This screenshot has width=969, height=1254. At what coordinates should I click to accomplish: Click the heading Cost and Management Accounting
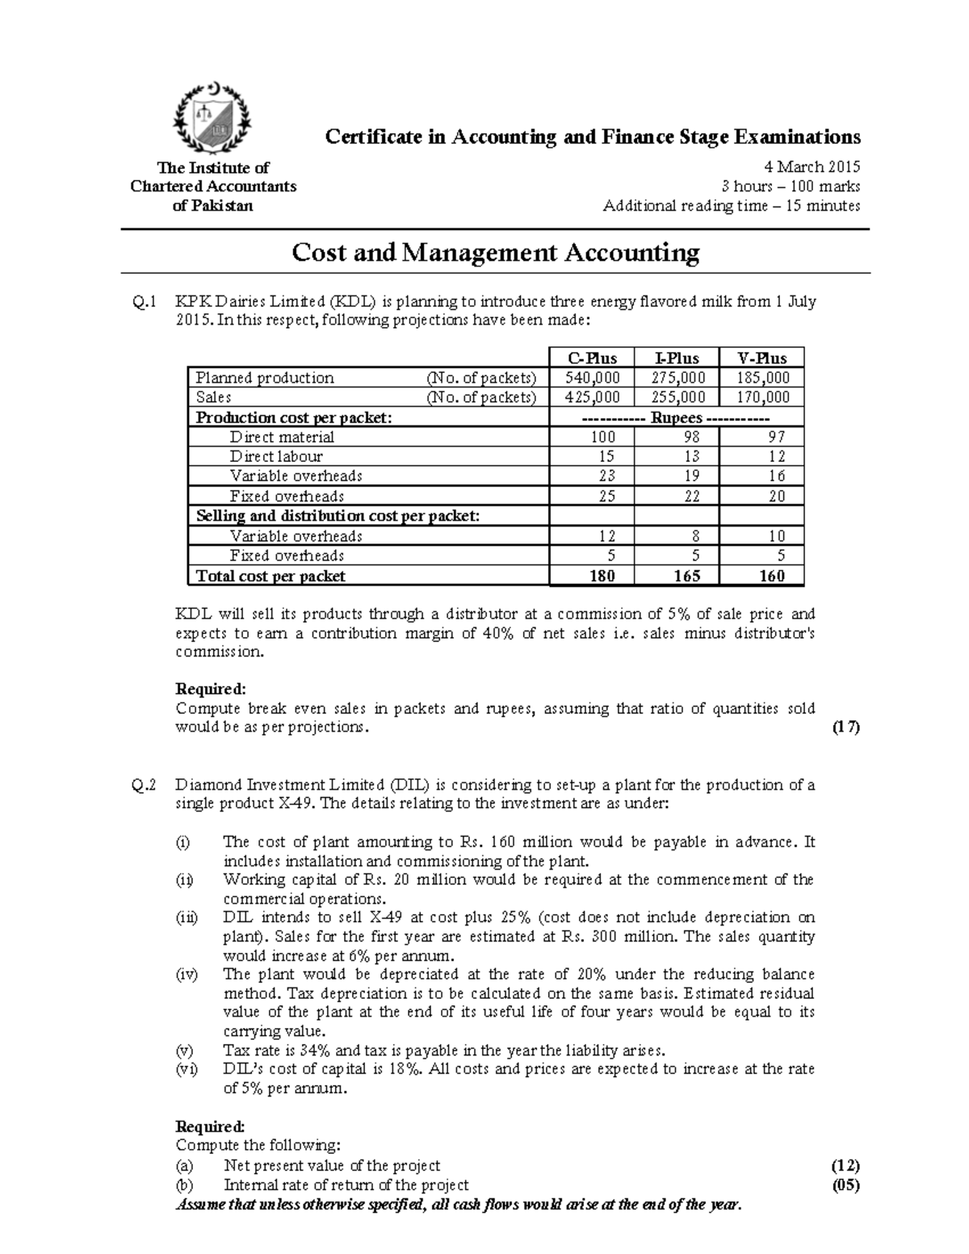(495, 254)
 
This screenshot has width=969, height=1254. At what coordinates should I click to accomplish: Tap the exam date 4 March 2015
(812, 167)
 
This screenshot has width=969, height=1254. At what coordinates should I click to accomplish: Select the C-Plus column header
(591, 359)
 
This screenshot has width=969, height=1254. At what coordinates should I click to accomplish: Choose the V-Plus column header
(762, 359)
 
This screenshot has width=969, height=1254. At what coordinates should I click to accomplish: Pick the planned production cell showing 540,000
(591, 378)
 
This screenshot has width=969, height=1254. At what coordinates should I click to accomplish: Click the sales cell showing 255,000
(677, 397)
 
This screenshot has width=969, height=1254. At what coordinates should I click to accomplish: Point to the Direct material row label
(281, 437)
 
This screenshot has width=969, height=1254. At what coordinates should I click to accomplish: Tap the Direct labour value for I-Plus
(677, 457)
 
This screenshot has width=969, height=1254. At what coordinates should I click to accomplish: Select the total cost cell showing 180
(602, 576)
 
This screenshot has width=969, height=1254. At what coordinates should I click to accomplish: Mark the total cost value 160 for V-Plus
(772, 576)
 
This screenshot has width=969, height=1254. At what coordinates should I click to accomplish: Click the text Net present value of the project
(332, 1166)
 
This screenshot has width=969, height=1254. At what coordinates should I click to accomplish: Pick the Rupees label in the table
(677, 417)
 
